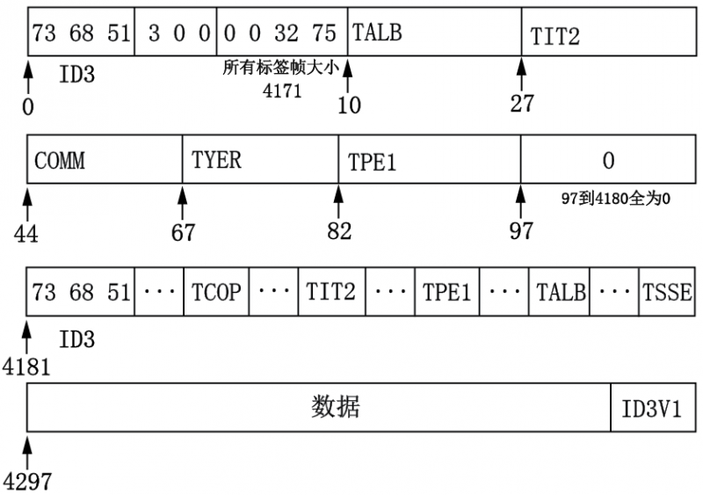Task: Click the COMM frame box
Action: tap(105, 160)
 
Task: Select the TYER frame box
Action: tap(260, 160)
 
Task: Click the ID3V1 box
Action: tap(651, 409)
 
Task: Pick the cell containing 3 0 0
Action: tap(175, 33)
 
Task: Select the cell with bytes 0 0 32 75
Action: tap(281, 33)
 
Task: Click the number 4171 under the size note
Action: tap(282, 91)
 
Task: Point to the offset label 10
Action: tap(349, 105)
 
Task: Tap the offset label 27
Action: tap(522, 103)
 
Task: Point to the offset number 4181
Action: tap(26, 365)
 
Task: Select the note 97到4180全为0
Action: tap(616, 199)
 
